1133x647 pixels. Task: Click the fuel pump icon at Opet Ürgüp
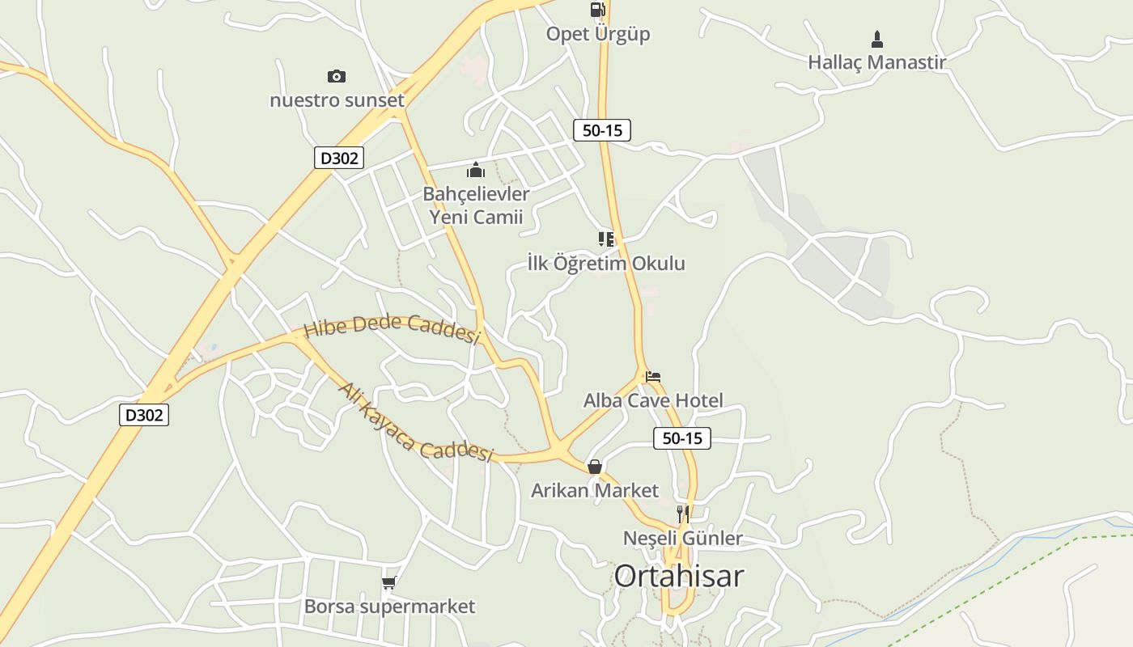[597, 10]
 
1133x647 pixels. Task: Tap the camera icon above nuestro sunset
[337, 76]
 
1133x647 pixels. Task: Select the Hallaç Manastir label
[876, 61]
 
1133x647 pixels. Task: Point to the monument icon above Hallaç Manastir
[877, 39]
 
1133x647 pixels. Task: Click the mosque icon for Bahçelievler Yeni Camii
[476, 170]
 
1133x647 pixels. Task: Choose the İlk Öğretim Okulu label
[606, 263]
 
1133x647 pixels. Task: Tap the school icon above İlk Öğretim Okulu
[606, 239]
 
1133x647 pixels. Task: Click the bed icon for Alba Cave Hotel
[653, 376]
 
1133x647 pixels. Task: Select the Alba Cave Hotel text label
[653, 400]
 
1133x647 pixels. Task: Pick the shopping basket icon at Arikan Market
[595, 467]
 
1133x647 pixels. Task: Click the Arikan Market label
[595, 490]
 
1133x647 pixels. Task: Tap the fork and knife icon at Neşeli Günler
[683, 514]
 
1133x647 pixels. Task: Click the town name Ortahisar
[678, 576]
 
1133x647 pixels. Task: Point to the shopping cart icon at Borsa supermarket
[389, 582]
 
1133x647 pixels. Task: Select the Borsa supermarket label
[389, 606]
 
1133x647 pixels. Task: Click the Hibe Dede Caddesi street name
[393, 327]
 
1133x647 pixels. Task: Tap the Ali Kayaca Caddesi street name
[415, 422]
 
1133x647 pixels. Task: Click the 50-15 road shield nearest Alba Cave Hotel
[681, 438]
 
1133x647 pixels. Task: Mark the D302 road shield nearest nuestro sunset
[338, 158]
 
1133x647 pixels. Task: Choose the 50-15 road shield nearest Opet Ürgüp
[601, 129]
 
